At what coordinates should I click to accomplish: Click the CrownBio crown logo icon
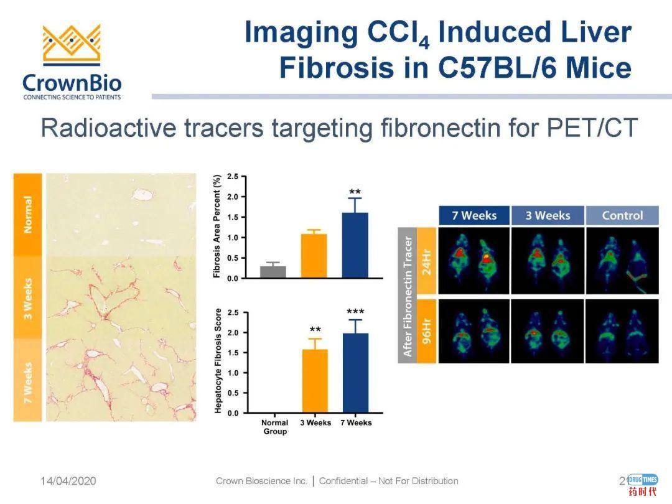[x=72, y=45]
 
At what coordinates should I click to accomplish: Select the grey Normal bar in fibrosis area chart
[x=273, y=272]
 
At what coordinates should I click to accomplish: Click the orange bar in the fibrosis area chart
[x=314, y=256]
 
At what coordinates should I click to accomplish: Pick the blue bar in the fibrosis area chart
[x=355, y=246]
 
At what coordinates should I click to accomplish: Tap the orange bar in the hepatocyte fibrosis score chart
[x=315, y=381]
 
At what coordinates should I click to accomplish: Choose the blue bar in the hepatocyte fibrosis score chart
[x=356, y=373]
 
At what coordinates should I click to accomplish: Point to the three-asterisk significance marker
[x=355, y=312]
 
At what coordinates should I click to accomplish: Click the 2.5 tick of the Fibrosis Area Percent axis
[x=233, y=177]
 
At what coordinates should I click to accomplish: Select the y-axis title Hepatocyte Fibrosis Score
[x=218, y=361]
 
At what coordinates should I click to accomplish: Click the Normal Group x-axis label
[x=275, y=427]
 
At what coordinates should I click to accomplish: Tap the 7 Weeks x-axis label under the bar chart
[x=356, y=422]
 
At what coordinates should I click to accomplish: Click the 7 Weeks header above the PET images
[x=474, y=215]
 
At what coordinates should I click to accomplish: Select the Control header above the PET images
[x=622, y=215]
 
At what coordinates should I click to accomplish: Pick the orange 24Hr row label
[x=426, y=261]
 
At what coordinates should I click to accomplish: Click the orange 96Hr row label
[x=426, y=331]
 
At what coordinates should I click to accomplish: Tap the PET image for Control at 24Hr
[x=622, y=261]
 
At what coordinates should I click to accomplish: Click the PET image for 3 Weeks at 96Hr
[x=548, y=331]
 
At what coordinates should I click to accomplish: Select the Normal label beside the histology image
[x=28, y=214]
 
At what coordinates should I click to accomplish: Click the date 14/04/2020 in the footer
[x=68, y=481]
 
